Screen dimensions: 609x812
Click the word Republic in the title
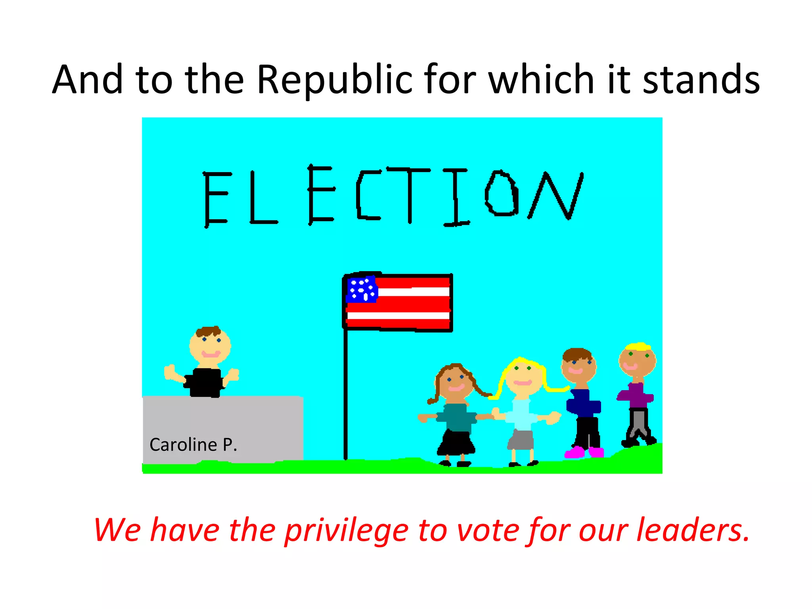[x=334, y=80]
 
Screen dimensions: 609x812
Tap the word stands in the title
[x=701, y=80]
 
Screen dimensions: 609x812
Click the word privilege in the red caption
[x=346, y=530]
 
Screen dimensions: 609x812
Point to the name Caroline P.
[x=193, y=445]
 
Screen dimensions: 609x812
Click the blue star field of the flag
[x=361, y=289]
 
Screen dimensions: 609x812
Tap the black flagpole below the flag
[x=345, y=396]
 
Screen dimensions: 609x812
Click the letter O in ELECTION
[x=502, y=193]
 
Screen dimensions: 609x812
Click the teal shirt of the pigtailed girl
[x=456, y=416]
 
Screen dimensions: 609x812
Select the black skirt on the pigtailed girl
[x=456, y=442]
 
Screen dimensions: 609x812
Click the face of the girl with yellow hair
[x=523, y=377]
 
